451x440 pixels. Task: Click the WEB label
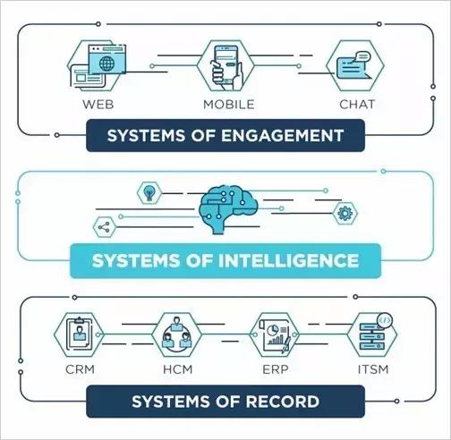(x=98, y=105)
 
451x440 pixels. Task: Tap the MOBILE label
(x=229, y=105)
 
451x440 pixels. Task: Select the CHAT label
(x=357, y=105)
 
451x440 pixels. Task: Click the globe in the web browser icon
(x=106, y=63)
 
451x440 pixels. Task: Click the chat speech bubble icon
(x=354, y=65)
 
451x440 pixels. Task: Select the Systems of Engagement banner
(x=225, y=135)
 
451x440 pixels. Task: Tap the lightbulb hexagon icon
(x=149, y=193)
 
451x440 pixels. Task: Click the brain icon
(x=228, y=209)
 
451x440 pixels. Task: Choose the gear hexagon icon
(x=345, y=213)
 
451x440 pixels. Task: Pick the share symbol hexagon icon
(x=105, y=227)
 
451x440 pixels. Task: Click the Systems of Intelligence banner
(x=225, y=261)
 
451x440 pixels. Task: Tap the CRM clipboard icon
(x=79, y=334)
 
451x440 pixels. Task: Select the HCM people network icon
(x=177, y=334)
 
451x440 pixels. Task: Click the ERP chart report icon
(x=275, y=335)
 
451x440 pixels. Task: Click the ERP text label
(x=276, y=369)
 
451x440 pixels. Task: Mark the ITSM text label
(x=373, y=369)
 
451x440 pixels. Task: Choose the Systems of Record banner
(x=225, y=402)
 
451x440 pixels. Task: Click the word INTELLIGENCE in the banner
(x=288, y=261)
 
